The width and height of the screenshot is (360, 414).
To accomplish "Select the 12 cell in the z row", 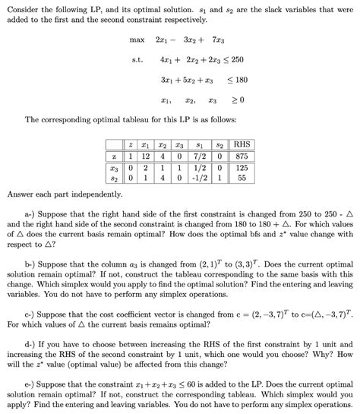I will [146, 156].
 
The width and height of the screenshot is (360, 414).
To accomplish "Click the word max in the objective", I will [137, 39].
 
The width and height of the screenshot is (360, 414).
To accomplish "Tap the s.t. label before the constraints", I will [137, 59].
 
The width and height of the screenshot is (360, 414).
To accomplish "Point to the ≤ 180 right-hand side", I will [238, 79].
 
